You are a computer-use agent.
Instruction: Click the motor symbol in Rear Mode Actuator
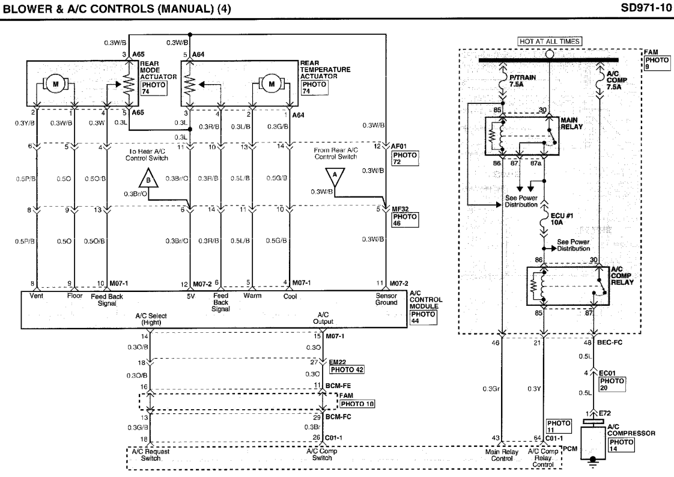[55, 84]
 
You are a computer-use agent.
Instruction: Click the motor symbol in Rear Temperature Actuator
[272, 84]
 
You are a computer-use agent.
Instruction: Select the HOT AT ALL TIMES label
[550, 41]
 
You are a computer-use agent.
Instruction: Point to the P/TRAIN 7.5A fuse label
[522, 81]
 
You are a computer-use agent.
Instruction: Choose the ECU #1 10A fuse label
[562, 219]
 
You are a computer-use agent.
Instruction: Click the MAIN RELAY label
[571, 123]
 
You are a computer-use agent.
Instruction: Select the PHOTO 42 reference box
[347, 369]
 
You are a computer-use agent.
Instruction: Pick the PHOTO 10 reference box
[357, 404]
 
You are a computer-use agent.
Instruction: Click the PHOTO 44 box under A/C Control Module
[423, 317]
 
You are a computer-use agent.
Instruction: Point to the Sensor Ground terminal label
[386, 299]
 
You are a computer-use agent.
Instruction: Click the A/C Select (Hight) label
[151, 319]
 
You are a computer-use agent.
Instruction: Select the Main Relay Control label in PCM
[502, 455]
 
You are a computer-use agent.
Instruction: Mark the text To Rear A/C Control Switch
[147, 155]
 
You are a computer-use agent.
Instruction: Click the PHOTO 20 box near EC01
[612, 384]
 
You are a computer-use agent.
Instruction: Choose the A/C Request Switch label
[150, 455]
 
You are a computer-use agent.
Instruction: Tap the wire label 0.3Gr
[491, 389]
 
